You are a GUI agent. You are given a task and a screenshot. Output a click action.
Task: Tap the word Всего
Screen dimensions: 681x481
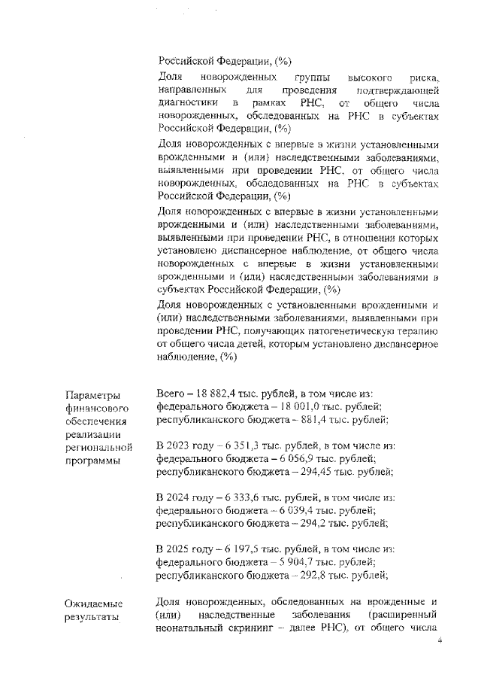[170, 394]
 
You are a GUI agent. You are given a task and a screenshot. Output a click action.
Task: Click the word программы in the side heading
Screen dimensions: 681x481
[93, 460]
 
